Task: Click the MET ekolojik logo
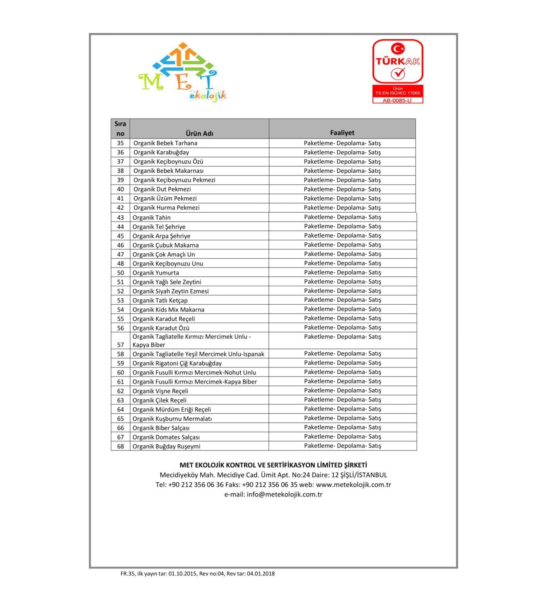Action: (x=182, y=73)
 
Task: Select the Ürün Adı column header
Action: (x=199, y=133)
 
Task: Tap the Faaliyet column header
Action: (x=342, y=133)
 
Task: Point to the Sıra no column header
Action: (x=120, y=128)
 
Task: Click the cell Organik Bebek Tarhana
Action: (x=165, y=143)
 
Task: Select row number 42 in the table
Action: (x=120, y=208)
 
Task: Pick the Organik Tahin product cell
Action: (x=152, y=217)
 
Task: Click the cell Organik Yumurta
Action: (x=156, y=273)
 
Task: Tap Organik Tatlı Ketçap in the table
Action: (x=160, y=300)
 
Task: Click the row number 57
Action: (x=120, y=345)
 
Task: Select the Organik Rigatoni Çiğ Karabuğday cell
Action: (x=177, y=363)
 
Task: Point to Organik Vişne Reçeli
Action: (x=160, y=391)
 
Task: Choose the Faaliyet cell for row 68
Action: (x=342, y=445)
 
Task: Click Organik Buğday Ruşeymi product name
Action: (x=166, y=446)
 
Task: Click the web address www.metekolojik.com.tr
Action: (x=353, y=485)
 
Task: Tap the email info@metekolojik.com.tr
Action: (x=284, y=494)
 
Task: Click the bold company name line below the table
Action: (x=273, y=465)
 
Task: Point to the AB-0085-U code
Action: (x=397, y=100)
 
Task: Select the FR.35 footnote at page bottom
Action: (x=197, y=574)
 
